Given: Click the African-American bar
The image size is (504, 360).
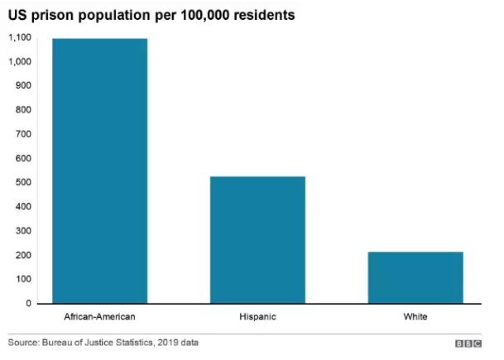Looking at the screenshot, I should [x=100, y=170].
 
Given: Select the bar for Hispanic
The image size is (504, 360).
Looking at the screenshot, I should [x=257, y=239].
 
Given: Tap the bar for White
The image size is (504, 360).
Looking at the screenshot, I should [x=415, y=277].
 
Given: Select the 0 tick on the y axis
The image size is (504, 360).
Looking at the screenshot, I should [x=28, y=304].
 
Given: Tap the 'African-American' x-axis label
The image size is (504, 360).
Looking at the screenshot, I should [x=100, y=317].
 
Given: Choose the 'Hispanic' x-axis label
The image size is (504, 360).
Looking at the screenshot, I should [x=257, y=317].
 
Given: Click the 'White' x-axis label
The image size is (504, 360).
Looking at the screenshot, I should [x=415, y=317].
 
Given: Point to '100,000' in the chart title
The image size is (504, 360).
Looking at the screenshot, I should [x=195, y=15].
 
